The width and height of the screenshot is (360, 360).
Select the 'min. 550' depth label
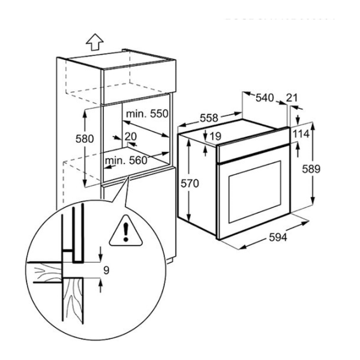146,113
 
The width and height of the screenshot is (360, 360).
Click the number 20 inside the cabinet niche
131,137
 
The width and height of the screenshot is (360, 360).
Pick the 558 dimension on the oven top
209,118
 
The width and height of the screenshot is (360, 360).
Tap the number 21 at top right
292,97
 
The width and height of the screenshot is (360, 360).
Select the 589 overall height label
323,169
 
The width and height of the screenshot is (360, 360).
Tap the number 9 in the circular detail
106,270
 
